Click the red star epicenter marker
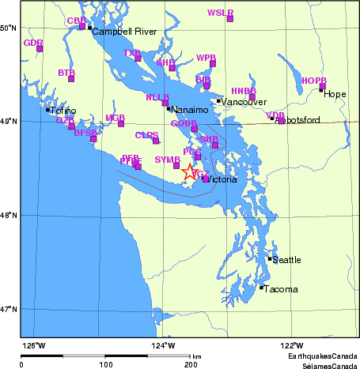click(x=190, y=171)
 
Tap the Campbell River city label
click(x=119, y=32)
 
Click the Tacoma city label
click(x=282, y=290)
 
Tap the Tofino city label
click(x=63, y=111)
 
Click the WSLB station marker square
click(x=230, y=18)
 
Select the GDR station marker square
click(x=40, y=49)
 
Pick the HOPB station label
click(x=314, y=81)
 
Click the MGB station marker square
click(x=121, y=123)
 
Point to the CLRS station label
click(x=146, y=135)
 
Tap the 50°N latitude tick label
click(x=9, y=28)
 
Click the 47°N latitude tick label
click(x=9, y=309)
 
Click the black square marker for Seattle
click(x=270, y=258)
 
